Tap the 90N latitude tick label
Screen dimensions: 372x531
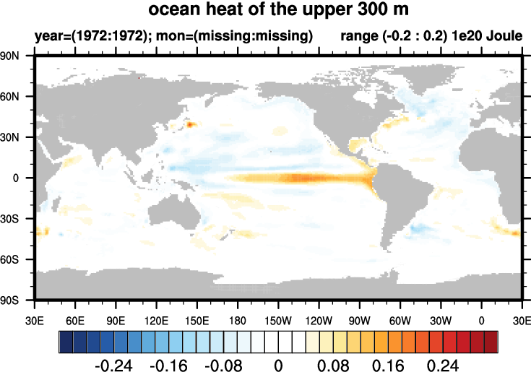17,56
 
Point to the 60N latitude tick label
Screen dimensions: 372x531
17,96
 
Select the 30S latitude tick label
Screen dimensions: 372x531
17,218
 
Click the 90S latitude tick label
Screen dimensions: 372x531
17,299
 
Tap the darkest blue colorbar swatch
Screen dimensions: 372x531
66,339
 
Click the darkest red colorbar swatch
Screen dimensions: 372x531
491,339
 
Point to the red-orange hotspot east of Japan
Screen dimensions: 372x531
191,124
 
